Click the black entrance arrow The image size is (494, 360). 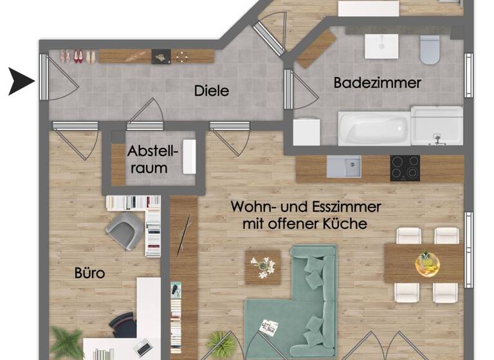pyautogui.click(x=21, y=82)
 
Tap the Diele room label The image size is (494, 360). pyautogui.click(x=212, y=91)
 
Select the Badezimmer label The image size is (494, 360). pyautogui.click(x=377, y=82)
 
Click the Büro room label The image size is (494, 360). pyautogui.click(x=89, y=273)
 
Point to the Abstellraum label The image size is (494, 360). pyautogui.click(x=153, y=160)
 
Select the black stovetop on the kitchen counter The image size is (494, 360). pyautogui.click(x=405, y=168)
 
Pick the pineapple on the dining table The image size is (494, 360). pyautogui.click(x=425, y=262)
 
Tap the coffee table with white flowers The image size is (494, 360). pyautogui.click(x=262, y=267)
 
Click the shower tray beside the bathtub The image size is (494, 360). pyautogui.click(x=437, y=127)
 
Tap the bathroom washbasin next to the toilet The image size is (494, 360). pyautogui.click(x=382, y=46)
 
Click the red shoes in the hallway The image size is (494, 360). pyautogui.click(x=78, y=57)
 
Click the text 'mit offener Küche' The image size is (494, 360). pyautogui.click(x=305, y=224)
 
